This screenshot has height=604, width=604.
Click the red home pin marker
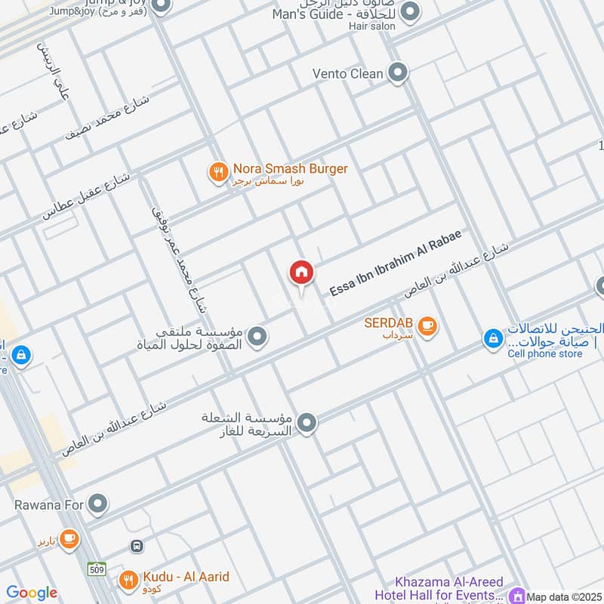point(301,273)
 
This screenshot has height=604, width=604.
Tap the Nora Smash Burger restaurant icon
point(218,173)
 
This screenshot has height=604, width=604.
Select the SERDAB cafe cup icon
point(427,325)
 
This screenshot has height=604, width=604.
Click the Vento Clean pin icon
point(398,73)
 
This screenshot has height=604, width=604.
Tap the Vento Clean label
point(348,74)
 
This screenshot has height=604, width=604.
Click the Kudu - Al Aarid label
point(185,578)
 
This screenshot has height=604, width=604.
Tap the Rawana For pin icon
point(97,503)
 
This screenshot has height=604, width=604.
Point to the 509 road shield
point(96,569)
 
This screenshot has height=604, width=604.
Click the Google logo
point(32,593)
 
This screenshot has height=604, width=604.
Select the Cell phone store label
point(545,353)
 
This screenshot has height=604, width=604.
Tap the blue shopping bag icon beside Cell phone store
point(493,339)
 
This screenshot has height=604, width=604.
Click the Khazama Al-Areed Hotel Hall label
point(449,588)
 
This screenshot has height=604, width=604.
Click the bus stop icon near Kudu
point(137,545)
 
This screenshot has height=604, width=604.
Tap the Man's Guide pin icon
point(410,11)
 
